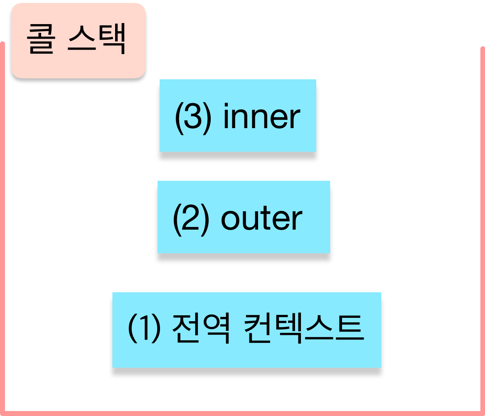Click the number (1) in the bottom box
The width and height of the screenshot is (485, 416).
[x=144, y=329]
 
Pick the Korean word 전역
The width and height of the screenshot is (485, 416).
[x=200, y=329]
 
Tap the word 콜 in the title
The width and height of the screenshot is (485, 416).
[x=41, y=40]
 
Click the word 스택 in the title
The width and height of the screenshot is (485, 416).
[x=96, y=40]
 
